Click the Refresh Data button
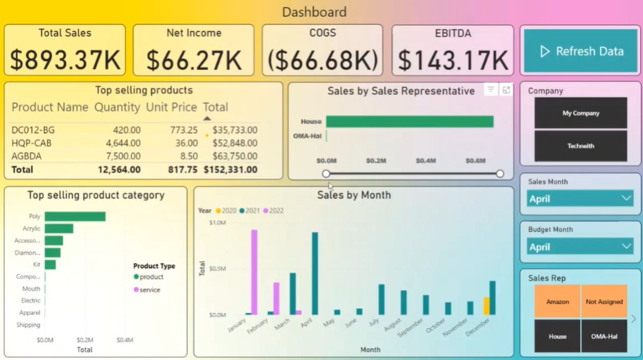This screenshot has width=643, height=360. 580,51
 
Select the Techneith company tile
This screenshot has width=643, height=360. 581,146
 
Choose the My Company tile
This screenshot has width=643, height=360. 581,113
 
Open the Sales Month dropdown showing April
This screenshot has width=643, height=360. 581,199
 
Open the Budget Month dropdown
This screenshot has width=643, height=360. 581,247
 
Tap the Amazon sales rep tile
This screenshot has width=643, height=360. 558,302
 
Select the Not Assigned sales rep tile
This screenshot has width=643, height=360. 604,302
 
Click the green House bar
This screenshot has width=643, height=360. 409,122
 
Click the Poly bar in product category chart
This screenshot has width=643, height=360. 75,216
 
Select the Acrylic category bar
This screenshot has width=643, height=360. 59,229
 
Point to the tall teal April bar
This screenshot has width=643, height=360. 315,273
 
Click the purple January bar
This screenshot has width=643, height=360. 254,272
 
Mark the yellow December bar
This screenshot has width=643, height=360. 487,306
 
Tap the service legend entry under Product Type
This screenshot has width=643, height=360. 149,289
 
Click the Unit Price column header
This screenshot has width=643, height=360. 171,107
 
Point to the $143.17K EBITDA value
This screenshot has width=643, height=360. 453,60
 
